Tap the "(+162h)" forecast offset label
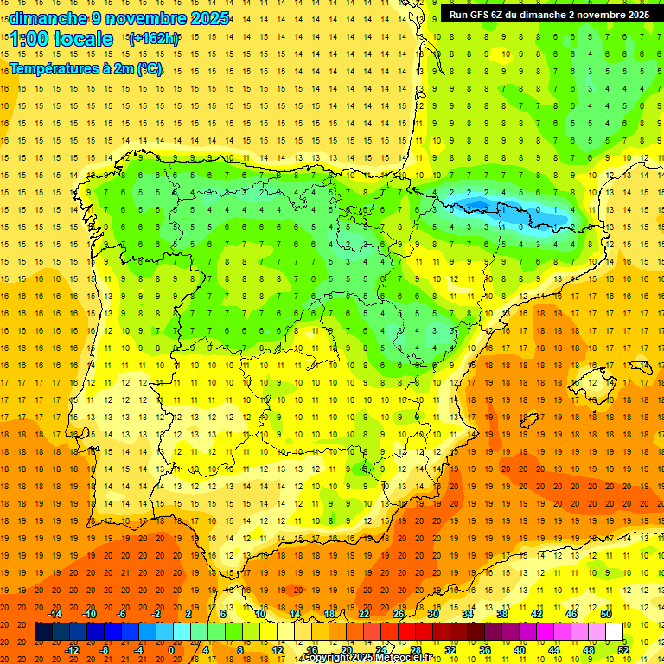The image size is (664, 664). (x=153, y=39)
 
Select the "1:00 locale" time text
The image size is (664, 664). (x=61, y=39)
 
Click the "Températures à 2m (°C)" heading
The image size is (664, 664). (x=86, y=69)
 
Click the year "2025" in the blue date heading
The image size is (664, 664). (x=208, y=18)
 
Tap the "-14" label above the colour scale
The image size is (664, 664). (x=55, y=614)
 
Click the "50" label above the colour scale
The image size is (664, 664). (x=606, y=614)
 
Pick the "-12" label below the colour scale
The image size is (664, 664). (x=73, y=650)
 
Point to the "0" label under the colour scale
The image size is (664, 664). (x=170, y=650)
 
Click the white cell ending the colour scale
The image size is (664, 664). (x=614, y=632)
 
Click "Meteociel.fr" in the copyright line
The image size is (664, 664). (x=399, y=658)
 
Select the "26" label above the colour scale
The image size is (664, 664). (x=399, y=614)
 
